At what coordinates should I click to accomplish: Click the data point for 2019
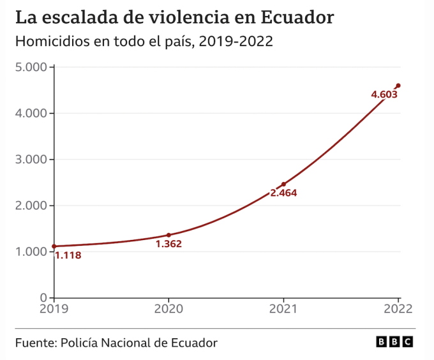click(54, 246)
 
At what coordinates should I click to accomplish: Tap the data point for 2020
click(168, 235)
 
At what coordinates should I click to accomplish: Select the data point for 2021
click(283, 184)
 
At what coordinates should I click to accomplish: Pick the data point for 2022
click(398, 86)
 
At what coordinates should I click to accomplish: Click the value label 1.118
click(68, 255)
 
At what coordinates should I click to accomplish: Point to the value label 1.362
click(168, 244)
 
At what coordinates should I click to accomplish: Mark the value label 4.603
click(384, 94)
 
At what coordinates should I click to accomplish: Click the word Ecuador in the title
click(297, 17)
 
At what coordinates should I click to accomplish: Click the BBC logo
click(394, 343)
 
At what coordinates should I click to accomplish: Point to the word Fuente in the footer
click(34, 343)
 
